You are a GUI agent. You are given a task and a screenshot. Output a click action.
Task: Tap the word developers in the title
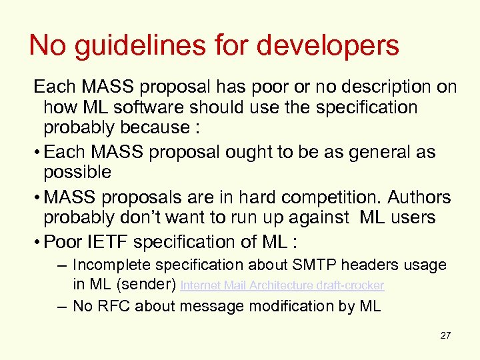tap(328, 46)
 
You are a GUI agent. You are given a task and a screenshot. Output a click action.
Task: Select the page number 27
tap(445, 335)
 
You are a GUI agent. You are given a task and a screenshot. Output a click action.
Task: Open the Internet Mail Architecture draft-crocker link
tap(283, 285)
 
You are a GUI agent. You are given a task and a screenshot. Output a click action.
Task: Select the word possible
tap(77, 172)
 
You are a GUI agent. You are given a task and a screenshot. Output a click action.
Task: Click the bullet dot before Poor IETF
tap(39, 242)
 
